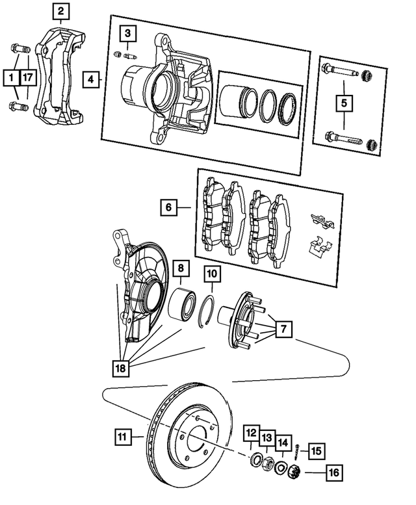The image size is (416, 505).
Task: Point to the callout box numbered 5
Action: point(344,102)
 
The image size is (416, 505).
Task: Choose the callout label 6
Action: point(168,208)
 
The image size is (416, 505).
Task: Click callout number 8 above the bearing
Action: point(180,267)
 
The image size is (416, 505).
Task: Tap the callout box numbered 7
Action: point(282,329)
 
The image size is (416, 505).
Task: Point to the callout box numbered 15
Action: point(315,450)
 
